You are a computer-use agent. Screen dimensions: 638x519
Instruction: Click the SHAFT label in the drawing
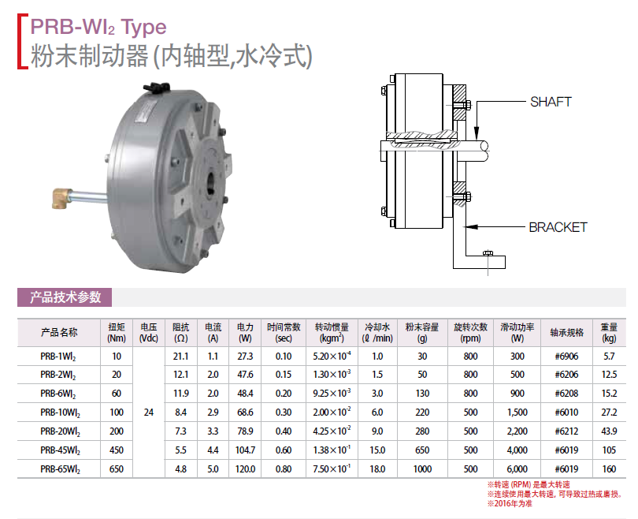[551, 102]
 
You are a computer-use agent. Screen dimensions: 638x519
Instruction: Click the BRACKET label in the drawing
[558, 227]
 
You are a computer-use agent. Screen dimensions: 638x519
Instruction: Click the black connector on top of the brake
[156, 88]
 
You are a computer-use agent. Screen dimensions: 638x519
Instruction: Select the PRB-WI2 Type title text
[98, 27]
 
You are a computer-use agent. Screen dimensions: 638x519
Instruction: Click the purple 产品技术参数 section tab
[65, 297]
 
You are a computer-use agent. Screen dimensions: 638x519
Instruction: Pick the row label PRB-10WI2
[60, 413]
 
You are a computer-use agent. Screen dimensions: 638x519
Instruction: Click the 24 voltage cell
[149, 413]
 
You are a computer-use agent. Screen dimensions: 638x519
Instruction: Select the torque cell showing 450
[117, 450]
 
